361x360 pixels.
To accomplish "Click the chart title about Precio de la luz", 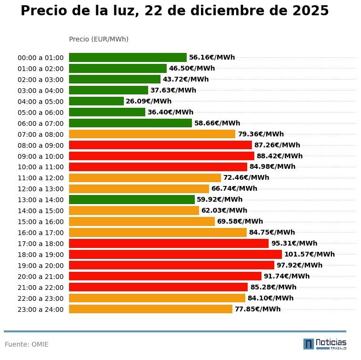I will click(174, 11).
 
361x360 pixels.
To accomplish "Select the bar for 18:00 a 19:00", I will click(175, 254).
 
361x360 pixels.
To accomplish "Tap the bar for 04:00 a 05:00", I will click(96, 101).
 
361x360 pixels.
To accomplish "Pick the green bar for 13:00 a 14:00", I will click(131, 199).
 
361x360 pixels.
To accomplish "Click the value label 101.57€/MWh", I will click(309, 254).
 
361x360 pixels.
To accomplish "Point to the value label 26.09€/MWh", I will click(149, 101).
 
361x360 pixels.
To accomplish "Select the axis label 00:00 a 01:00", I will click(40, 58).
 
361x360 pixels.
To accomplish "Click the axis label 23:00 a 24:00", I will click(40, 309).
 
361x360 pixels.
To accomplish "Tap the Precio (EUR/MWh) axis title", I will click(99, 39).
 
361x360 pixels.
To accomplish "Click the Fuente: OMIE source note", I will click(27, 344).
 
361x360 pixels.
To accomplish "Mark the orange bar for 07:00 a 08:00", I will click(152, 134).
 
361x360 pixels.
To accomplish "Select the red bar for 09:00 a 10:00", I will click(161, 156).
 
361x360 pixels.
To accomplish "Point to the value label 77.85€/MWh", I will click(257, 309).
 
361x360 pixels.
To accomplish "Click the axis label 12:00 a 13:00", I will click(40, 189).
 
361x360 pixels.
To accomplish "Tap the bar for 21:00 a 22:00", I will click(158, 287).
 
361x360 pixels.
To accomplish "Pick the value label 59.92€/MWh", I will click(220, 199).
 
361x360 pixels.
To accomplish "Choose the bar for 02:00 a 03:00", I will click(114, 79).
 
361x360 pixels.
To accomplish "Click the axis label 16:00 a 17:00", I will click(40, 233).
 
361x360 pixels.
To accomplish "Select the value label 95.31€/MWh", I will click(294, 243).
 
